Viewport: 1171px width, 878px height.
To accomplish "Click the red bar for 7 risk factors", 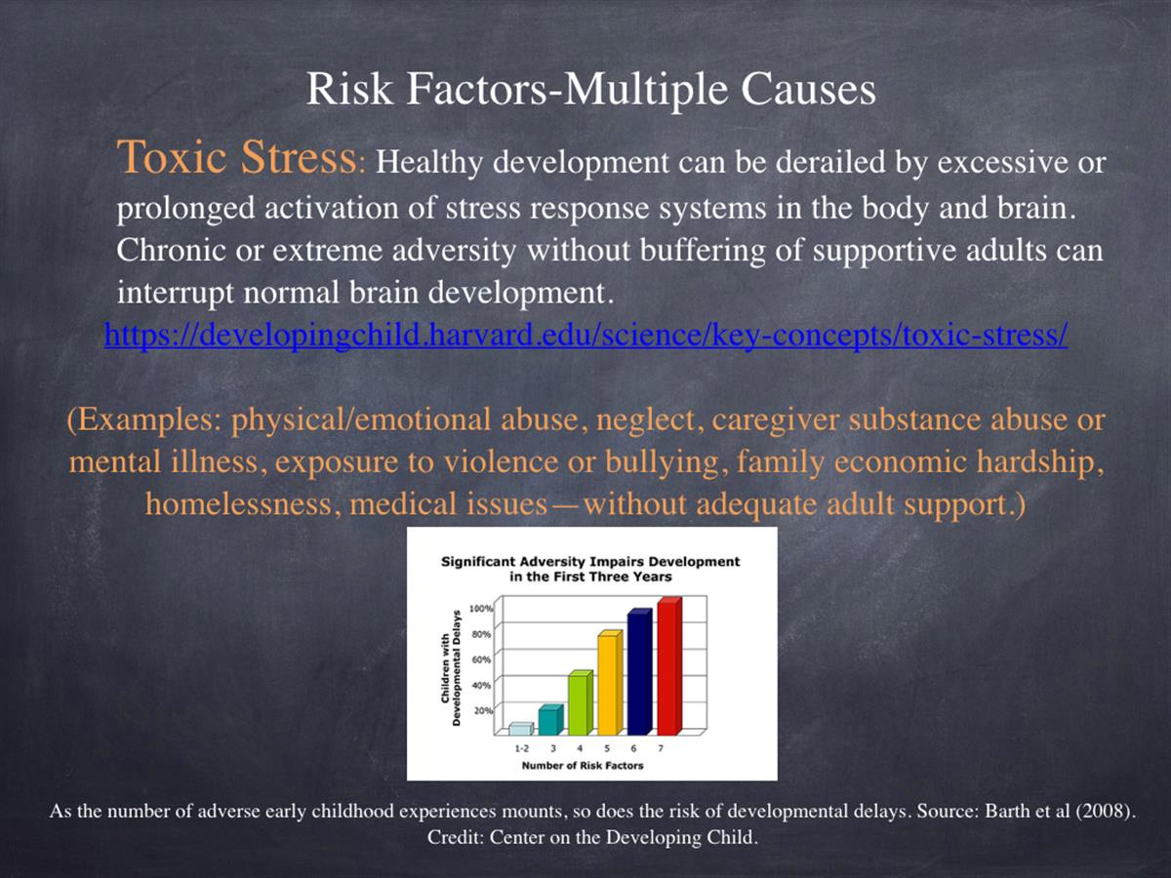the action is tap(669, 666).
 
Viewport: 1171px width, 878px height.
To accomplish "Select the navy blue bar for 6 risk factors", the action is tap(639, 672).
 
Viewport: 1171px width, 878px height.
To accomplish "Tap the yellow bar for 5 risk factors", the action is tap(610, 683).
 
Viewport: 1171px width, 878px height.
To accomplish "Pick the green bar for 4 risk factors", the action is tap(581, 703).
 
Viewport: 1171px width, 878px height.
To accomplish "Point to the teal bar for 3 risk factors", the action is tap(550, 720).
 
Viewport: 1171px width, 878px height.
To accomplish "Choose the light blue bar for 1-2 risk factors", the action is tap(521, 730).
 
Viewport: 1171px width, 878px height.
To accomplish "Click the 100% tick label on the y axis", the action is tap(481, 609).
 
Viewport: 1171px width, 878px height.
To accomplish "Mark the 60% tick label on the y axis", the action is tap(481, 660).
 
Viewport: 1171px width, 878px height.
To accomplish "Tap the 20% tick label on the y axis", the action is tap(483, 710).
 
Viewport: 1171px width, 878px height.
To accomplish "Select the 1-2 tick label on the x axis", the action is tap(521, 748).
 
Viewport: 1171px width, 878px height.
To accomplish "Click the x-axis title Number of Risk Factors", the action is tap(582, 766).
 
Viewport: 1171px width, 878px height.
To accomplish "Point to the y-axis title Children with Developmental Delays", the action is tap(450, 668).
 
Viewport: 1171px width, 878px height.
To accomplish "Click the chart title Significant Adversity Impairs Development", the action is tap(590, 561).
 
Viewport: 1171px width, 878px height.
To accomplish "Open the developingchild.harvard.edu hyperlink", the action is tap(585, 335).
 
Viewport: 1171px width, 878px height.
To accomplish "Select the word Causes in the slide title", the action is tap(808, 89).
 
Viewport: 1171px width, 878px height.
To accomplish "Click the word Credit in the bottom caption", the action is tap(455, 837).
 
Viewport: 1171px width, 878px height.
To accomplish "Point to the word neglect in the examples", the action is tap(646, 419).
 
